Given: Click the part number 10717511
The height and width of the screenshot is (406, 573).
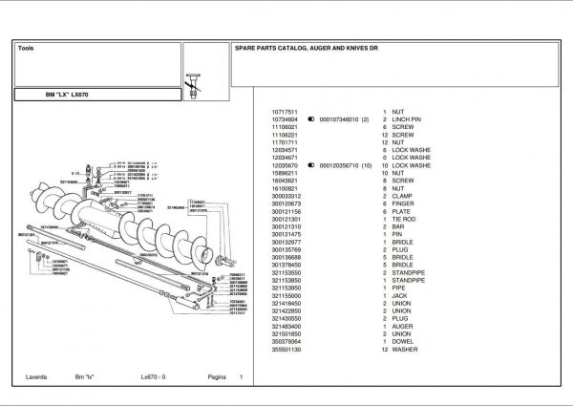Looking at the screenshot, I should pos(286,112).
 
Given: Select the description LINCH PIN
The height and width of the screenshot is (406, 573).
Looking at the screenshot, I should pos(407,119).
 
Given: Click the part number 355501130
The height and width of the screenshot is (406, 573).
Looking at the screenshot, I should pos(286,349).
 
